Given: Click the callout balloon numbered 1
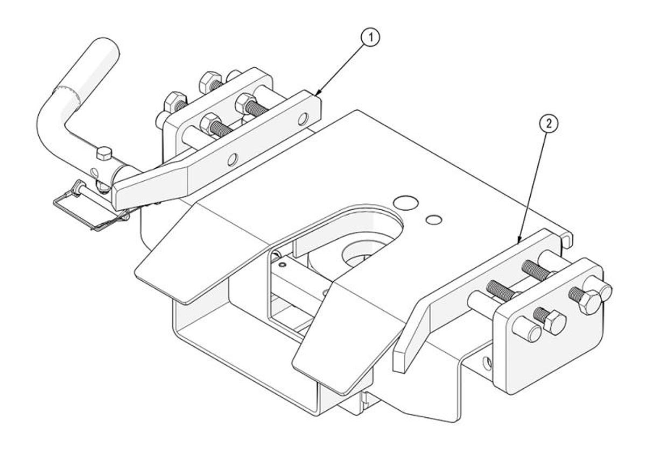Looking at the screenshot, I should [x=370, y=38].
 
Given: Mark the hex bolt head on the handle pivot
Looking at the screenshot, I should [x=103, y=155].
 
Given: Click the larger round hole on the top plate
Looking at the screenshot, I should [x=406, y=203].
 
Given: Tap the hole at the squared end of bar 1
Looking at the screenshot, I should [x=303, y=117].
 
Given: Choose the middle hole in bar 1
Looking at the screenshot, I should [x=232, y=159].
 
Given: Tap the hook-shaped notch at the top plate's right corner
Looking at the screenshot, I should [x=566, y=238].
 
